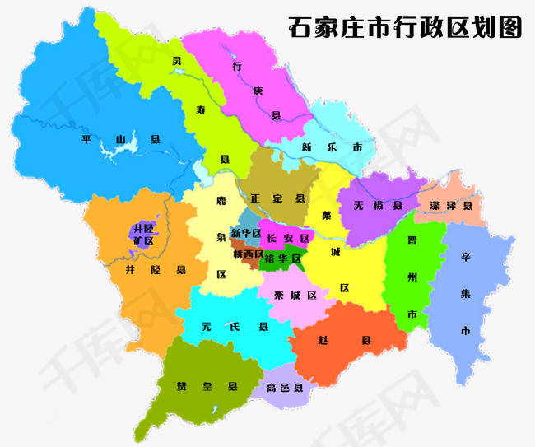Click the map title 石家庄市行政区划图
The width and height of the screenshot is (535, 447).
(x=405, y=27)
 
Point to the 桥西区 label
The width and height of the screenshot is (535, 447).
(x=247, y=254)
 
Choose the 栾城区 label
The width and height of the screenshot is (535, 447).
(x=295, y=295)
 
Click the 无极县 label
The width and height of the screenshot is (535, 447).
(x=377, y=205)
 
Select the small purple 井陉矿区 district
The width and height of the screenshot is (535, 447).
(x=142, y=234)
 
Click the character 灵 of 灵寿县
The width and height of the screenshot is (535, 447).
(x=176, y=61)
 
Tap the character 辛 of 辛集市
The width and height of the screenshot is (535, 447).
(x=465, y=257)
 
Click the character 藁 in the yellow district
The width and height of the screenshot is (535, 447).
(x=327, y=216)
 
